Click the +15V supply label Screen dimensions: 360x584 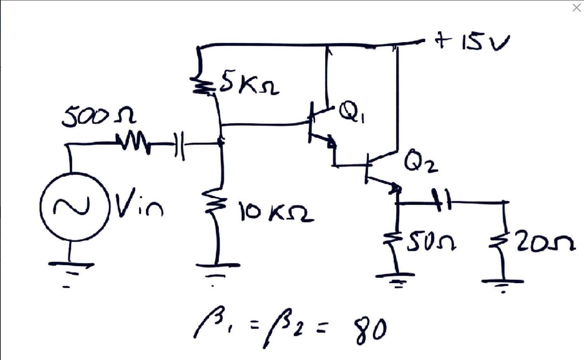(472, 41)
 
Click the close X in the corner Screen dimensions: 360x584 (576, 8)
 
